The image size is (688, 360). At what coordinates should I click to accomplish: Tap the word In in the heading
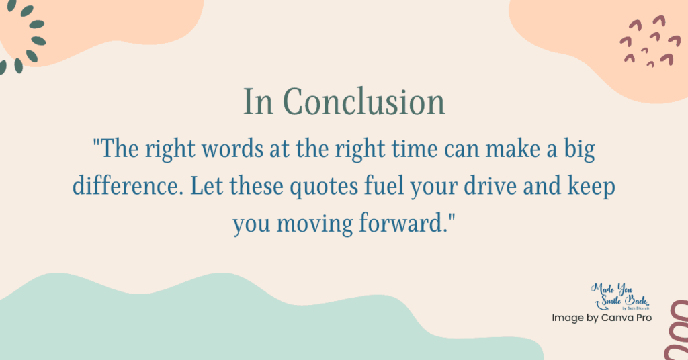click(x=257, y=103)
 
